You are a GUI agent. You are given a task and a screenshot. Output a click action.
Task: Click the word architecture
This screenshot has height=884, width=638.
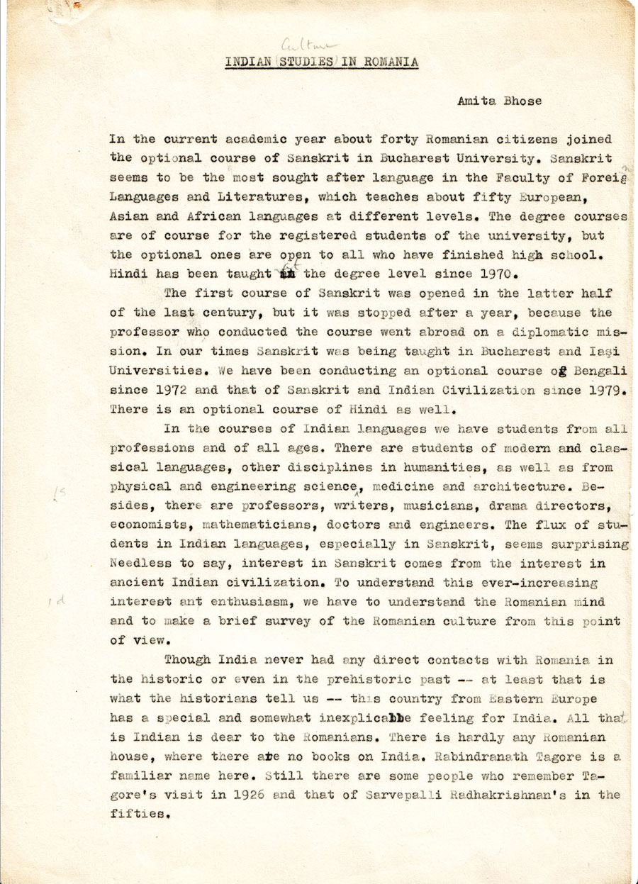click(x=520, y=486)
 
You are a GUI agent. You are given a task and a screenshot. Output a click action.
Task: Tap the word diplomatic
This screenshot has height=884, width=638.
click(x=527, y=331)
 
